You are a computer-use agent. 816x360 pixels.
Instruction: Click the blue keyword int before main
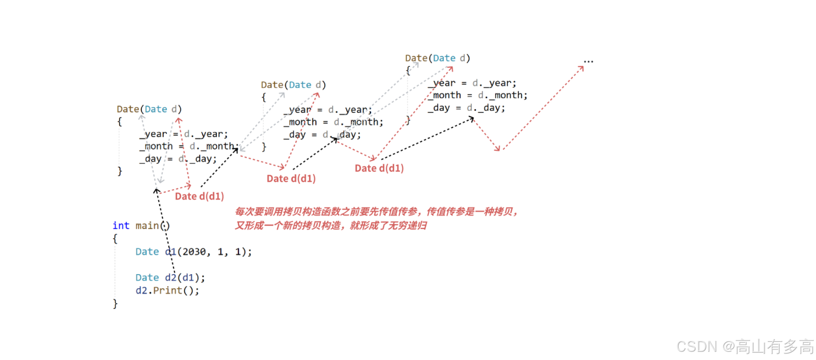121,226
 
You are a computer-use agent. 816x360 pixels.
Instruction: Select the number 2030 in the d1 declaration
194,252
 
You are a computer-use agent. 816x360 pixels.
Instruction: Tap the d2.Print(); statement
167,290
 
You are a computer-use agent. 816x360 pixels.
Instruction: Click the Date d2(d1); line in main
170,278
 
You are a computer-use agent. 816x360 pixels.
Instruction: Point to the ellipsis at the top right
588,61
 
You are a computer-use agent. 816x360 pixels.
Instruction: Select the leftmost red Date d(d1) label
199,196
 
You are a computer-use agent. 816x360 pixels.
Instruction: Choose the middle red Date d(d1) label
291,179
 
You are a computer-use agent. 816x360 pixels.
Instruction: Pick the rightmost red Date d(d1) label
379,168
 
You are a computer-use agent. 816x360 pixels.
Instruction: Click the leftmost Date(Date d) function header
149,109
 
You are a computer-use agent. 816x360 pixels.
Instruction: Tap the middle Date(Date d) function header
293,85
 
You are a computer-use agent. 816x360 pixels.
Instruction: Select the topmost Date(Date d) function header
437,58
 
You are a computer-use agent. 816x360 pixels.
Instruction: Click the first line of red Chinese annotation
376,212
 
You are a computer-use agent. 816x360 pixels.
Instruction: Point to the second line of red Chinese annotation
330,226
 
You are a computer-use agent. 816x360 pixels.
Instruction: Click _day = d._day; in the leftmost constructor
178,159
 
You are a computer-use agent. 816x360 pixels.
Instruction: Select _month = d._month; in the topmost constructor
478,95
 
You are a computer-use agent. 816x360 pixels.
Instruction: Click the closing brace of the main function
115,304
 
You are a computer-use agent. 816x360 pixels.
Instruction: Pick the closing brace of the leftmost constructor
120,171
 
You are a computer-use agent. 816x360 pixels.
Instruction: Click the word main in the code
147,226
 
